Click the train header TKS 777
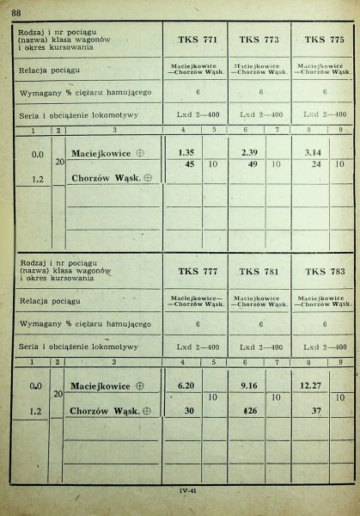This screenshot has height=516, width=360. (197, 272)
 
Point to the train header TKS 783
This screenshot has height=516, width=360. (322, 272)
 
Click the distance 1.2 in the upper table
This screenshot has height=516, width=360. (37, 180)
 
